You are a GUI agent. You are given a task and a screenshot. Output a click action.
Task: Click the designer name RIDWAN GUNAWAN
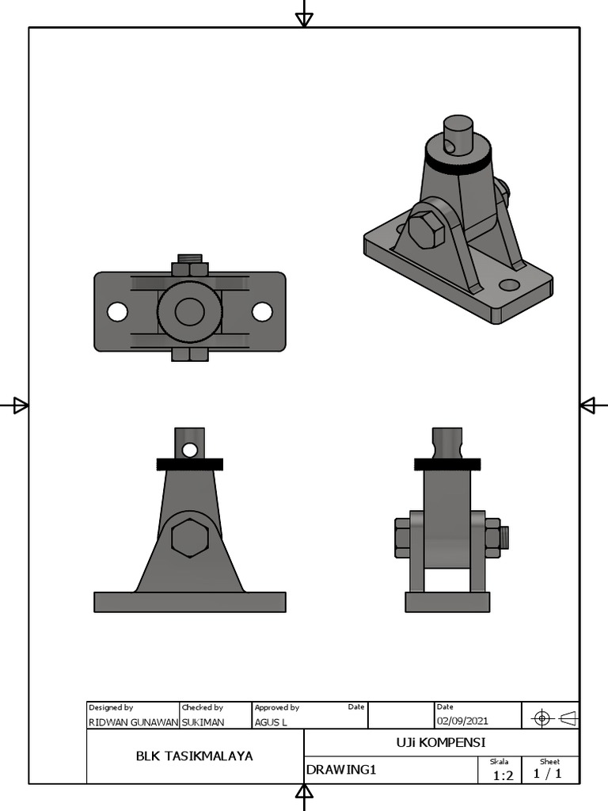click(133, 722)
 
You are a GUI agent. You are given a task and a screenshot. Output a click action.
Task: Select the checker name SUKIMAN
click(203, 722)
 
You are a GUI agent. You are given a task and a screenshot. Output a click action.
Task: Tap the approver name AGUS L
click(271, 722)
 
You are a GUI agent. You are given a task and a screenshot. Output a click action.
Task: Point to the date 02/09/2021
click(462, 721)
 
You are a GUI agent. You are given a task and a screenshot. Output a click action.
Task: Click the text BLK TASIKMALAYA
click(195, 756)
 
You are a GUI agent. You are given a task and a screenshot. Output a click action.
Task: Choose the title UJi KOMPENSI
click(441, 742)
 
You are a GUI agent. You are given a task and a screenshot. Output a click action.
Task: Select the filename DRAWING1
click(341, 770)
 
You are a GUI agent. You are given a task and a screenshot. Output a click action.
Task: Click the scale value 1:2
click(503, 775)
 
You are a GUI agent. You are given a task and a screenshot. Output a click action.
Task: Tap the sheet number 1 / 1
click(548, 774)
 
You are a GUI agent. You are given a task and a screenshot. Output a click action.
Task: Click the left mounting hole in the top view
click(117, 312)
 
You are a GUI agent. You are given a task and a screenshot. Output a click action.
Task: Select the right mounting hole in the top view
click(262, 312)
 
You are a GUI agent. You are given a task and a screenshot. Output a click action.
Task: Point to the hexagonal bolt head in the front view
click(189, 538)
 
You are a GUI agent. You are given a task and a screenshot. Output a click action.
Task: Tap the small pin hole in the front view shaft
click(189, 450)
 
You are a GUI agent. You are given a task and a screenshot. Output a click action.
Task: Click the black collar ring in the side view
click(447, 464)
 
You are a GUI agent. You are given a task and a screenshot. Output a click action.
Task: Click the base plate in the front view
click(189, 602)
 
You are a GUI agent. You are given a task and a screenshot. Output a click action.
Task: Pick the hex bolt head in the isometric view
click(426, 230)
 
